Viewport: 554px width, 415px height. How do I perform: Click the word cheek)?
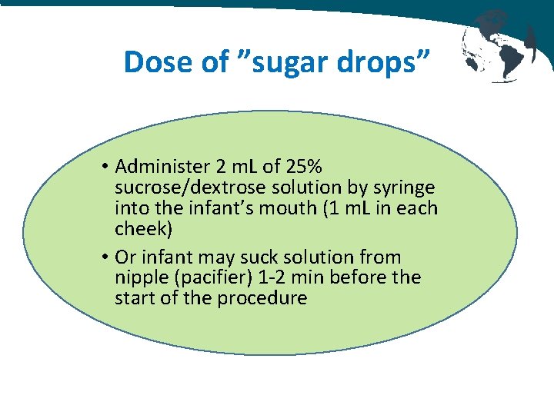(x=144, y=229)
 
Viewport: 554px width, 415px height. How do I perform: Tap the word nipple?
(x=139, y=277)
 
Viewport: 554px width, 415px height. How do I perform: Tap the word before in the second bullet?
(x=353, y=277)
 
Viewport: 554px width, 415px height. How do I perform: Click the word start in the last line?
(x=132, y=297)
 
